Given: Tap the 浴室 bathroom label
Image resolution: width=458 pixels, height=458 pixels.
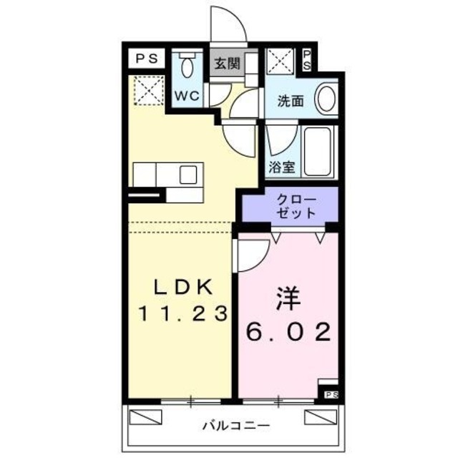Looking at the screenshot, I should [x=281, y=167].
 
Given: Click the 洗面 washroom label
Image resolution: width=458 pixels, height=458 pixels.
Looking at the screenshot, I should [x=291, y=102].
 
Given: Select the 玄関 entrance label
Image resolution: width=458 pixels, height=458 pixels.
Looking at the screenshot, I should [x=225, y=62].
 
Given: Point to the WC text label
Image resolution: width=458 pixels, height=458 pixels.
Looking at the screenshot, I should [x=188, y=96].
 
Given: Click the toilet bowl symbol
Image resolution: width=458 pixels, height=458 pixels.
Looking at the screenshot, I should [x=188, y=69].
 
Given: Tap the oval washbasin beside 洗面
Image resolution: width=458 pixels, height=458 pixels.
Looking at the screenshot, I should [x=326, y=99].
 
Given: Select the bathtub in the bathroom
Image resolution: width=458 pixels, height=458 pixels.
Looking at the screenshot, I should [x=316, y=151].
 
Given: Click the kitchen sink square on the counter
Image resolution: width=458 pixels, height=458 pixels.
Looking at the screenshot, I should [x=189, y=175].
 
